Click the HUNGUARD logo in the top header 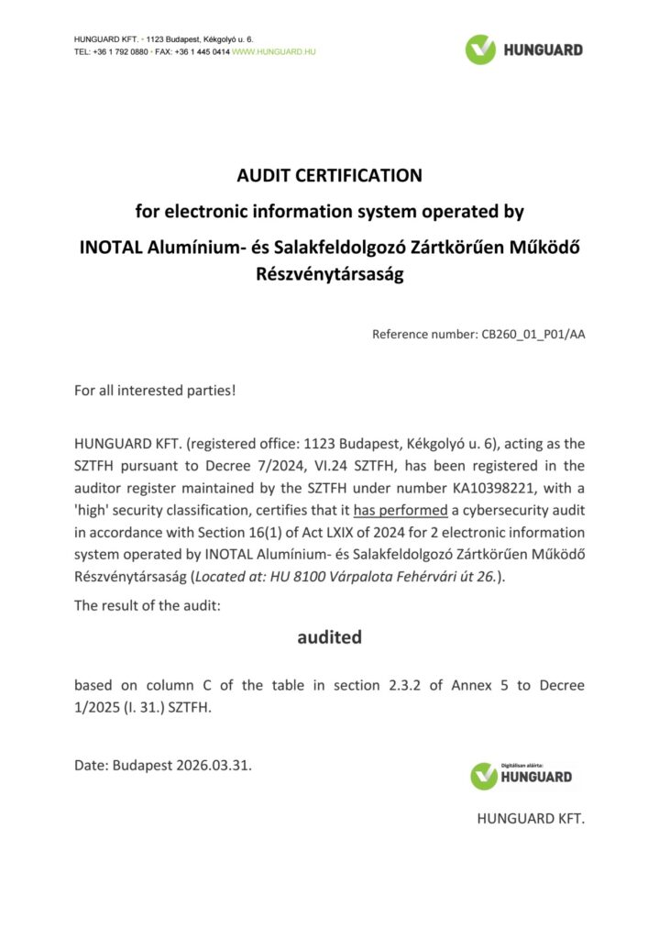523,49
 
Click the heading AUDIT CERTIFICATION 329,175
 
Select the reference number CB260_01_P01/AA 533,335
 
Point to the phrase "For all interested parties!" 155,391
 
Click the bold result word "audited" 329,636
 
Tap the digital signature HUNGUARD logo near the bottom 521,776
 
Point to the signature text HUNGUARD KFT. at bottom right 530,819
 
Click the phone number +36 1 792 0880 121,52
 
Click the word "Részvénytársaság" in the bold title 329,274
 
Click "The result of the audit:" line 148,606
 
